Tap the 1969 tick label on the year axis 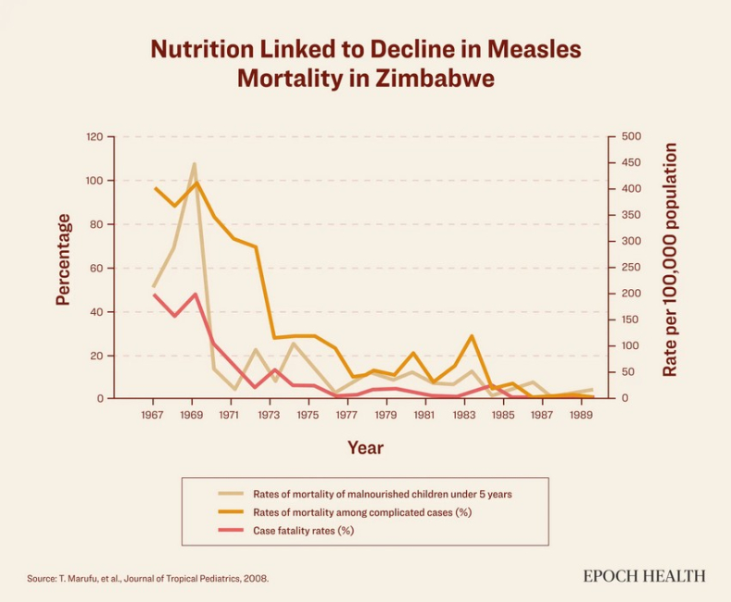[x=192, y=416]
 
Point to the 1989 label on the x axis [x=581, y=416]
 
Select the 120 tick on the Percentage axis [x=95, y=137]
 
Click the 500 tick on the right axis [x=631, y=137]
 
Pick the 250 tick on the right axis [x=631, y=268]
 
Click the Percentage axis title [x=63, y=259]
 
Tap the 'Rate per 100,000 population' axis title [x=671, y=259]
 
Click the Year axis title [x=365, y=448]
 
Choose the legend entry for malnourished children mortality [x=382, y=494]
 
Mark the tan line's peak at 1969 [x=195, y=164]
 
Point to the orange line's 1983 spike [x=473, y=336]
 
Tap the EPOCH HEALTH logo [x=644, y=576]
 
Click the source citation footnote [x=148, y=578]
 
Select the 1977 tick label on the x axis [x=347, y=416]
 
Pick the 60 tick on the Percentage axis [x=96, y=268]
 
